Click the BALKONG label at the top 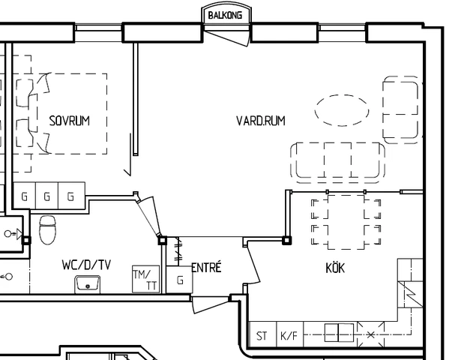coord(225,15)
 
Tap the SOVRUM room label coord(70,121)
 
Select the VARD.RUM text coord(261,121)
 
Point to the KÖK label coord(335,268)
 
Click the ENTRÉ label coord(206,267)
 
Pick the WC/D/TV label coord(86,265)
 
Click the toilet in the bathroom coord(47,229)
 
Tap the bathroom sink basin coord(87,284)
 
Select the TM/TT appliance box coord(146,279)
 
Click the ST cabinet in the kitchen coord(262,334)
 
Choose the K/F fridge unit coord(289,334)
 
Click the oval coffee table coord(342,110)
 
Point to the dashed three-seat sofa coord(337,162)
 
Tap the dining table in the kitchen coord(346,222)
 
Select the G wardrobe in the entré coord(179,280)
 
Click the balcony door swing coord(227,35)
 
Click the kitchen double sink coord(339,333)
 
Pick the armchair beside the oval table coord(401,109)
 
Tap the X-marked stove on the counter coord(370,334)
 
